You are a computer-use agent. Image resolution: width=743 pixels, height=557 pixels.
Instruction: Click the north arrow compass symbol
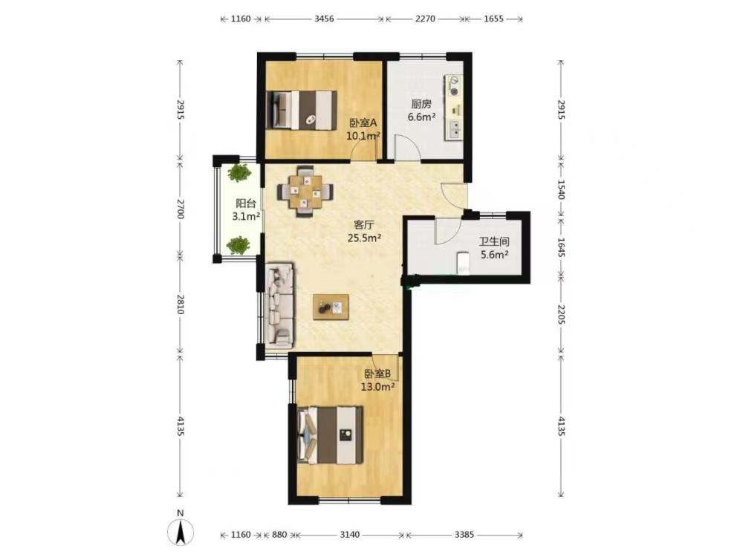pyautogui.click(x=181, y=532)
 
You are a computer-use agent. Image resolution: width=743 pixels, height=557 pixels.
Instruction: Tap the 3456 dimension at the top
pyautogui.click(x=324, y=19)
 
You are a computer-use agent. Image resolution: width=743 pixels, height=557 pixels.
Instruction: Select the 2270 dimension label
pyautogui.click(x=425, y=19)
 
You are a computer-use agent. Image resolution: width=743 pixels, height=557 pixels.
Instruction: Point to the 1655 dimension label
pyautogui.click(x=493, y=19)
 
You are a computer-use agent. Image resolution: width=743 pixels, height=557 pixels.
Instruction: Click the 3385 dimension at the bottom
pyautogui.click(x=464, y=535)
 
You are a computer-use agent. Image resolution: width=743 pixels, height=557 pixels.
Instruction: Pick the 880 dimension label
pyautogui.click(x=279, y=535)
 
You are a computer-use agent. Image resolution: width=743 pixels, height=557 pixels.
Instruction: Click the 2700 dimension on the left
pyautogui.click(x=180, y=209)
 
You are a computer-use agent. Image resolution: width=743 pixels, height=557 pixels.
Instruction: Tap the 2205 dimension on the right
pyautogui.click(x=561, y=314)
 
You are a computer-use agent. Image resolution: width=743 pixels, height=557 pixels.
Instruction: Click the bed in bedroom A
pyautogui.click(x=302, y=110)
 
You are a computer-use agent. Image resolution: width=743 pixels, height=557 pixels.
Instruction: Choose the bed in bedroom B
pyautogui.click(x=331, y=434)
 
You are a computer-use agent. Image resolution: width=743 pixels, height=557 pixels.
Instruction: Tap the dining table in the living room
pyautogui.click(x=305, y=192)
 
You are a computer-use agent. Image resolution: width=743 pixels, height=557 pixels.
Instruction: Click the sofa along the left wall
pyautogui.click(x=281, y=305)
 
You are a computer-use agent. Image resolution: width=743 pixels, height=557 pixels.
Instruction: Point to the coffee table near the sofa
pyautogui.click(x=331, y=307)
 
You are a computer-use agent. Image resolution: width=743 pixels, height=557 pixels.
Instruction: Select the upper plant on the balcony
pyautogui.click(x=239, y=173)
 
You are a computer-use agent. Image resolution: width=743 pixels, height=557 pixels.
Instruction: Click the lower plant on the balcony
pyautogui.click(x=238, y=245)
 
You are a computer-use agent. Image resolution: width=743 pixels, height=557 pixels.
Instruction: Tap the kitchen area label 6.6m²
pyautogui.click(x=422, y=117)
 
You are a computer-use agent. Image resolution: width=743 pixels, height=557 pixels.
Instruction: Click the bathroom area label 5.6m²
pyautogui.click(x=495, y=255)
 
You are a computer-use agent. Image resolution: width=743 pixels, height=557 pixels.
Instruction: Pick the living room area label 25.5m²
pyautogui.click(x=364, y=238)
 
